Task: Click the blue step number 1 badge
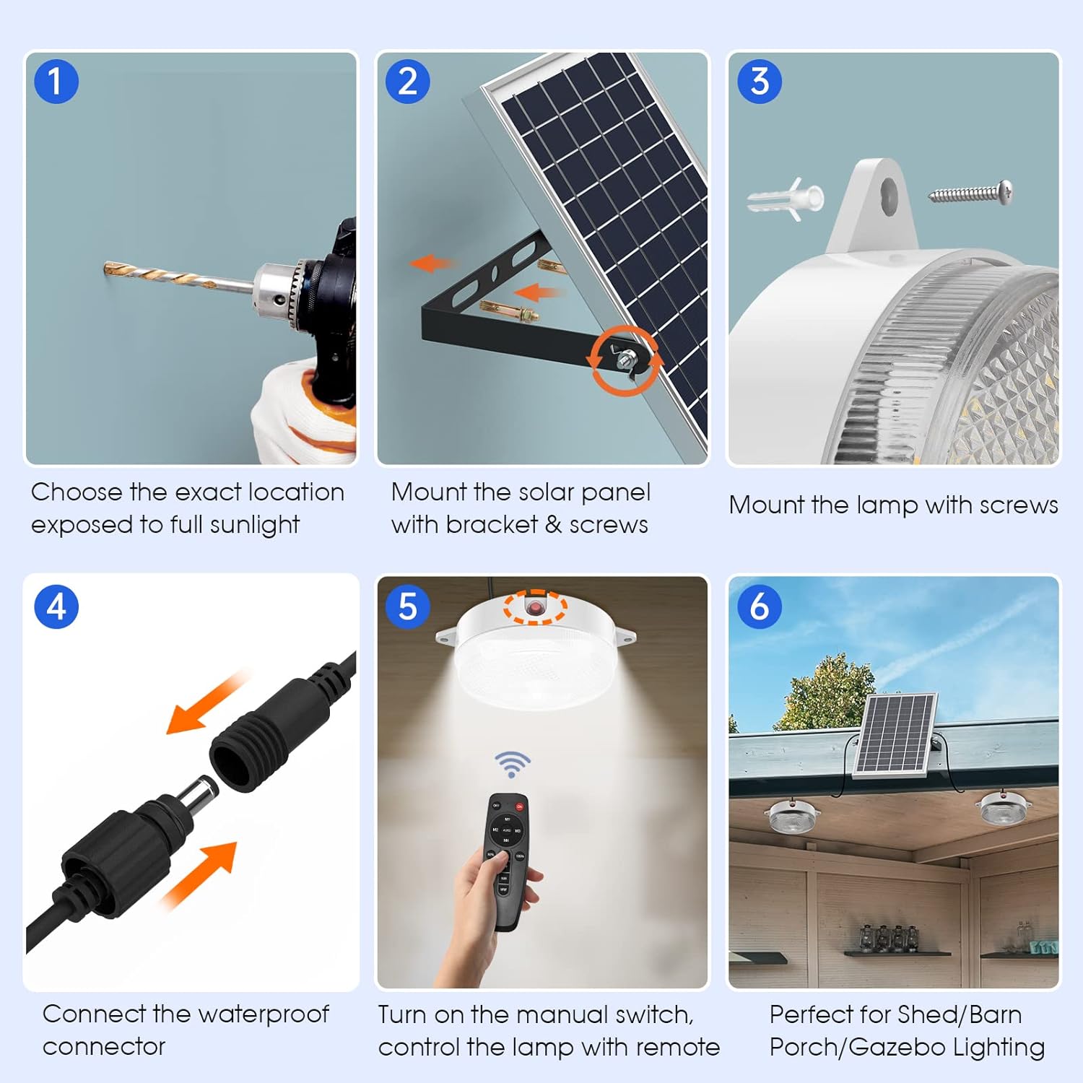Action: coord(56,82)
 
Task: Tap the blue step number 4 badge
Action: coord(56,606)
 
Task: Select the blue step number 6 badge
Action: coord(760,606)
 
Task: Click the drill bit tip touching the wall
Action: coord(106,269)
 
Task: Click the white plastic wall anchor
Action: coord(786,198)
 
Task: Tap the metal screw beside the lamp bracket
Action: coord(970,193)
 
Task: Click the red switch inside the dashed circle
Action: coord(534,607)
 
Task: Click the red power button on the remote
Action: coord(519,806)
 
